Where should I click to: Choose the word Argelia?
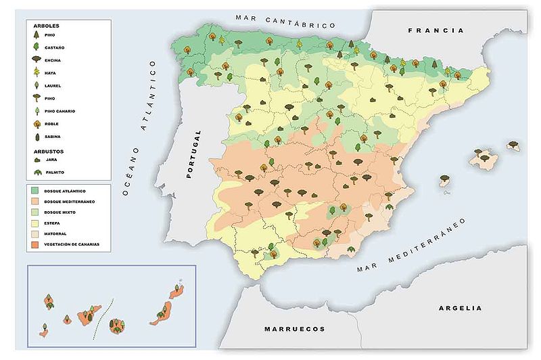tap(461, 308)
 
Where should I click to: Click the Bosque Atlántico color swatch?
tap(34, 191)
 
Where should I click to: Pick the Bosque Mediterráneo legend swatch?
tap(34, 202)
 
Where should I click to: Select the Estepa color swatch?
tap(34, 223)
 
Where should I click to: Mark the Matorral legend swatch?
tap(34, 233)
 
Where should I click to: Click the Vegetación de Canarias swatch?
tap(34, 244)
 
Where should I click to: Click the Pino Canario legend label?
tap(60, 111)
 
